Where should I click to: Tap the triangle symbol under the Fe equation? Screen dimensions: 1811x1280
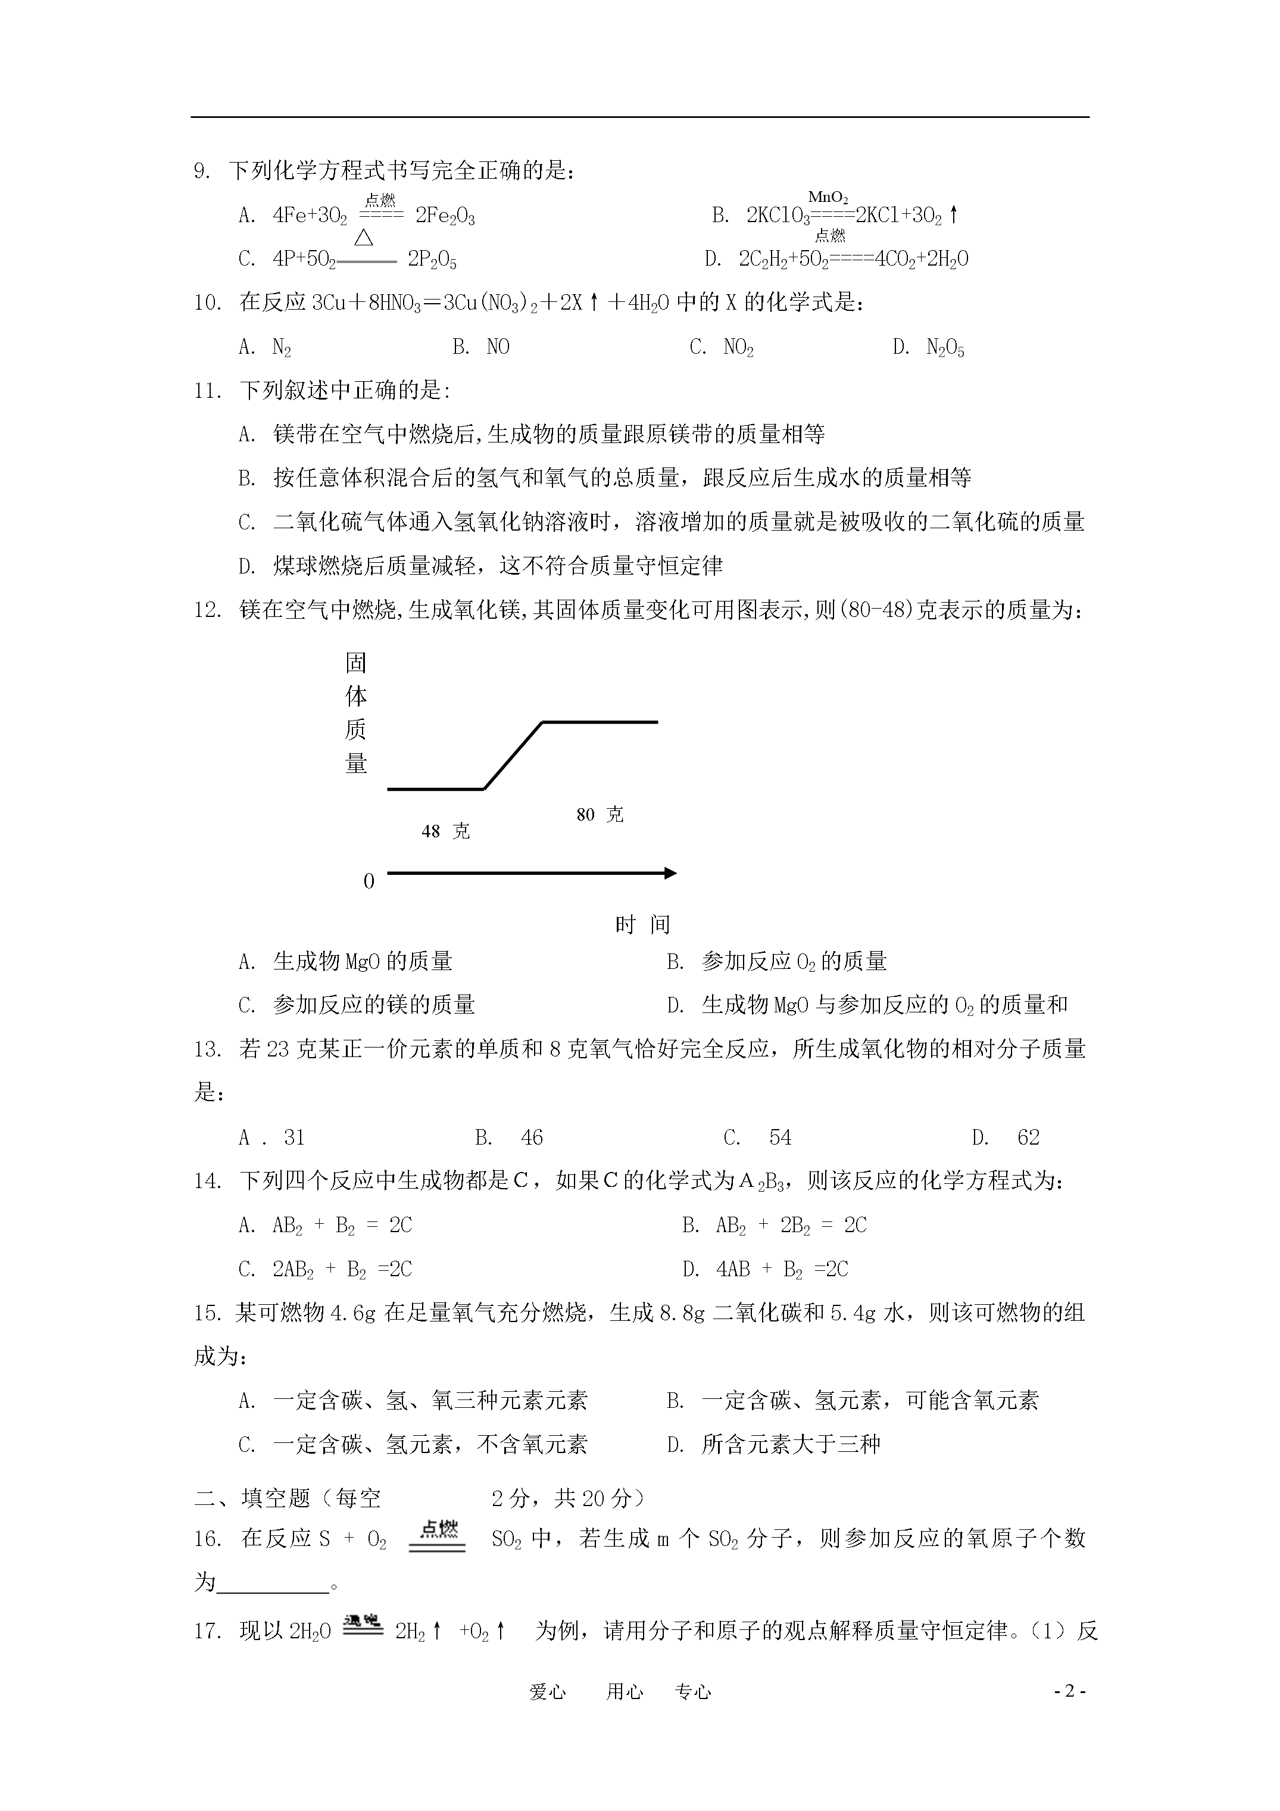364,236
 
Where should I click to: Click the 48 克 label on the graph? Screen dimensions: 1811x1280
445,831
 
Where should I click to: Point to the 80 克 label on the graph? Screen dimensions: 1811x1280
600,815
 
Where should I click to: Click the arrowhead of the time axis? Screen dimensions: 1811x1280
670,873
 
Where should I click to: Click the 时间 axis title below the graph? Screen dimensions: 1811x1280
642,924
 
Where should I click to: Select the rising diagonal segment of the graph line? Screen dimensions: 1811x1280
513,756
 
